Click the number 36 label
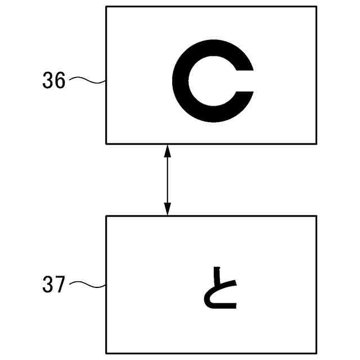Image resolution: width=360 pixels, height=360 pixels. pyautogui.click(x=54, y=82)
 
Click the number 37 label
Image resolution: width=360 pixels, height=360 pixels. pyautogui.click(x=54, y=285)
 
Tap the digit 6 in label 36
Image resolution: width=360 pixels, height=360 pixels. pyautogui.click(x=60, y=82)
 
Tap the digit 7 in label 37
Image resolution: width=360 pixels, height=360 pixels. pyautogui.click(x=60, y=285)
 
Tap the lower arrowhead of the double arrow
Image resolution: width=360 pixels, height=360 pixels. pyautogui.click(x=166, y=210)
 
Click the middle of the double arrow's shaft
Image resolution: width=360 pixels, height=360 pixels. pyautogui.click(x=166, y=179)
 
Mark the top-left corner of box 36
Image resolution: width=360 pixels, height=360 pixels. pyautogui.click(x=107, y=7)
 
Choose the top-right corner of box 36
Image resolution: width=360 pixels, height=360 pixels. pyautogui.click(x=316, y=7)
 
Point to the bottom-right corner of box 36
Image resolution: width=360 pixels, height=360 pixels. pyautogui.click(x=316, y=143)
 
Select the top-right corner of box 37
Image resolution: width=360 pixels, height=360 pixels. pyautogui.click(x=316, y=216)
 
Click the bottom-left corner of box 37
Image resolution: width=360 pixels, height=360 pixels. pyautogui.click(x=107, y=353)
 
